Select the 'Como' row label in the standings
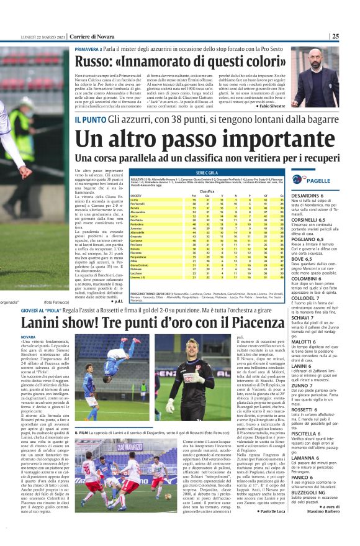(x=135, y=199)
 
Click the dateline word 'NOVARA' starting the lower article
(x=29, y=337)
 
